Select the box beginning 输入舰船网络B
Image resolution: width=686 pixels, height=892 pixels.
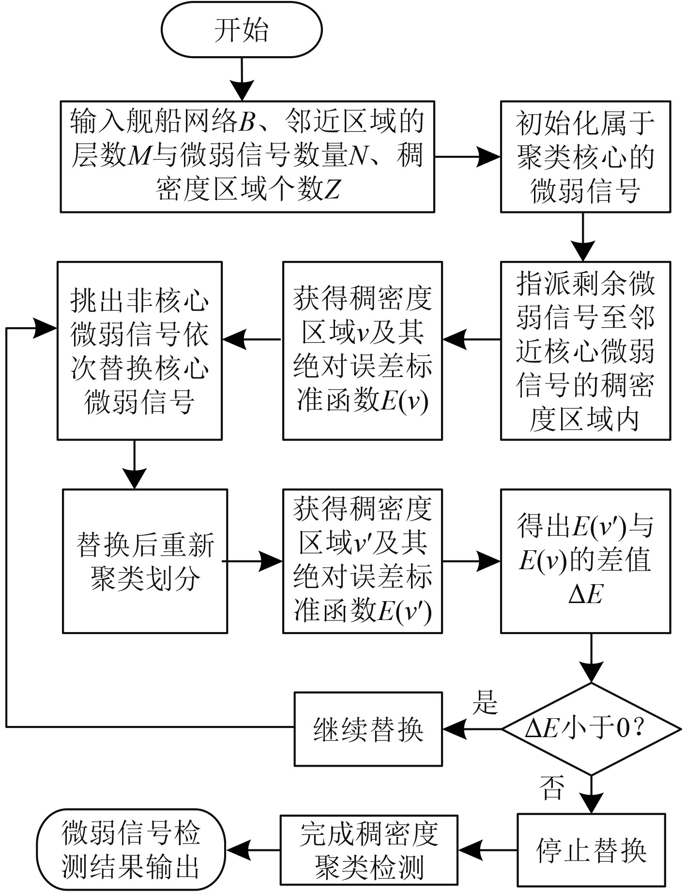click(x=247, y=156)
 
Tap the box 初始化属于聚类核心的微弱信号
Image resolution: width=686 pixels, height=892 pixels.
click(x=585, y=156)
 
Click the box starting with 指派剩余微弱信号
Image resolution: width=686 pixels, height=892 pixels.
click(x=585, y=350)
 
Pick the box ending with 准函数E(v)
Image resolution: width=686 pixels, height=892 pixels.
click(x=362, y=350)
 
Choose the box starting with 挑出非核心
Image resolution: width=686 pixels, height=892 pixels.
click(x=139, y=350)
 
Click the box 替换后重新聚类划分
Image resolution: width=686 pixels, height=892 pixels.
click(x=145, y=561)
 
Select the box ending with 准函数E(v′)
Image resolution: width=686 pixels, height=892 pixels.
click(x=362, y=561)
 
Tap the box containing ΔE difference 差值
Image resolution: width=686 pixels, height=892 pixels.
click(x=585, y=561)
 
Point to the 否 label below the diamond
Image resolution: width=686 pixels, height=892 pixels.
click(x=552, y=787)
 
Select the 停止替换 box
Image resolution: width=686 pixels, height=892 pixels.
click(x=591, y=850)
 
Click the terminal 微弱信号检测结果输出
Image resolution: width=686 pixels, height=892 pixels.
click(x=131, y=850)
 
